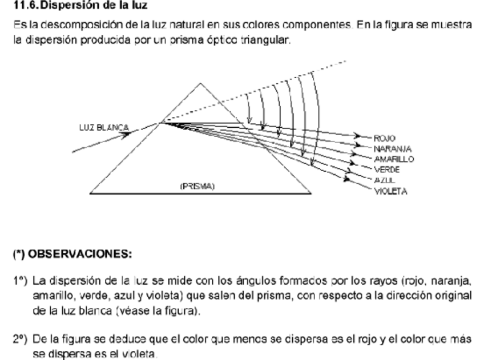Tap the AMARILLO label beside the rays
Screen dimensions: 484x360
[x=393, y=159]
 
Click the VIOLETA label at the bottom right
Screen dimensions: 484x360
[x=390, y=192]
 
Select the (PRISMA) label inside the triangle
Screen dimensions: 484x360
[x=197, y=187]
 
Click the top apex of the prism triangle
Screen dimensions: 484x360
[x=200, y=84]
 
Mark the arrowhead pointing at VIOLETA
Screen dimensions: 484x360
[x=348, y=180]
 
